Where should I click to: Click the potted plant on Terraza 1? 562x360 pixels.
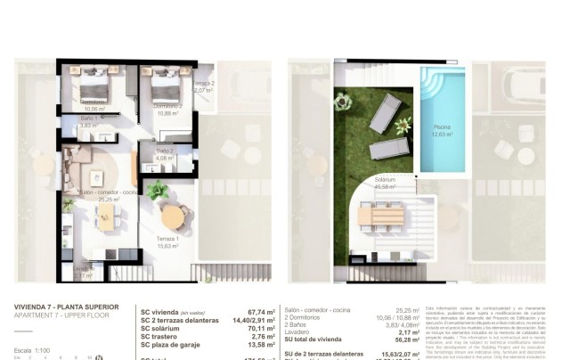pyautogui.click(x=159, y=189)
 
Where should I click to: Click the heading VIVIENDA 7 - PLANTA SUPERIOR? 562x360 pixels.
pyautogui.click(x=62, y=307)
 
